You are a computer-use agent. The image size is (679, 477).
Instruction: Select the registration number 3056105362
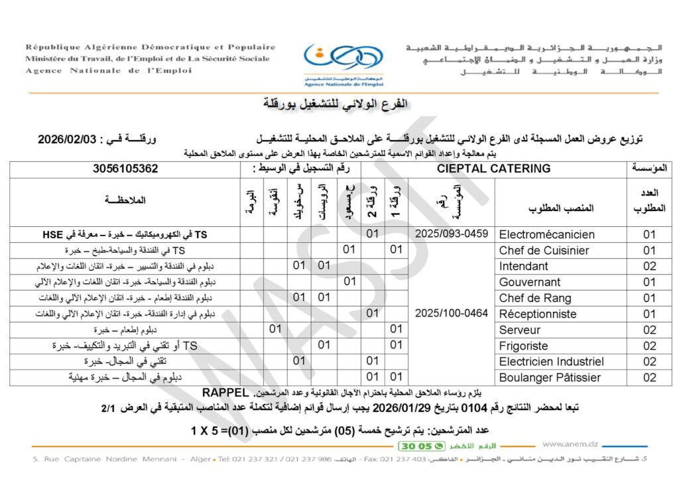pos(125,169)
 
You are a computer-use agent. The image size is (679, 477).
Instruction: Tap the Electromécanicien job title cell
pos(546,234)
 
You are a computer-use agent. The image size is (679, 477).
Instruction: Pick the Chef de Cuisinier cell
pos(544,250)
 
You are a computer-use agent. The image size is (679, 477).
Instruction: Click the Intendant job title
pos(524,266)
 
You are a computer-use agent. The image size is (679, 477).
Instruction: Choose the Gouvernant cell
pos(529,282)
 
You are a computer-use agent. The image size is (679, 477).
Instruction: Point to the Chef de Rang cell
pos(534,298)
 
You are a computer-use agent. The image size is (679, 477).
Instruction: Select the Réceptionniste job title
pos(538,314)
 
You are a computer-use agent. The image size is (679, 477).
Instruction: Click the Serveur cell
pos(520,330)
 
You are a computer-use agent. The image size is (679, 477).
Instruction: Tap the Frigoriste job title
pos(524,346)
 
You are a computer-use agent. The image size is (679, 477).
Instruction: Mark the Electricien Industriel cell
pos(551,362)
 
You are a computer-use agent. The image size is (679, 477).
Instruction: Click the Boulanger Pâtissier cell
pos(550,377)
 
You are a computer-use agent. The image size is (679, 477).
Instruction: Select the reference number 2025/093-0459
pos(451,234)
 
